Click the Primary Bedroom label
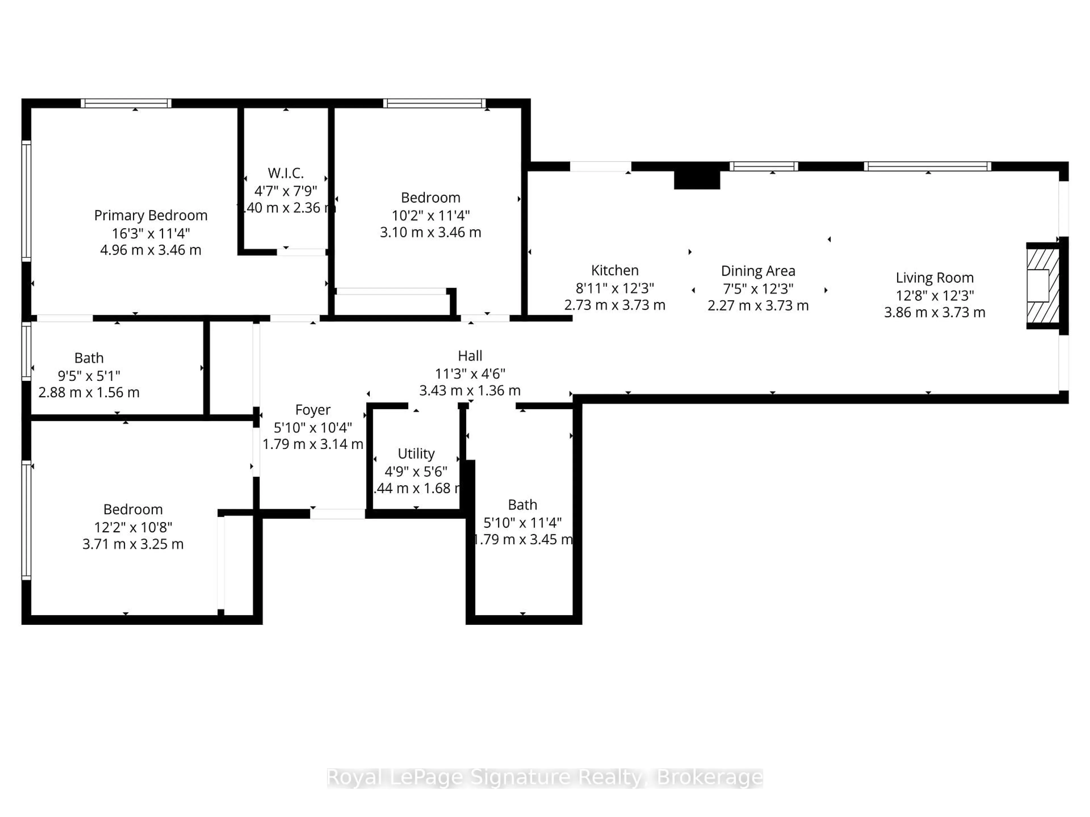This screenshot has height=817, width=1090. click(151, 216)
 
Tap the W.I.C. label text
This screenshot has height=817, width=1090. click(286, 173)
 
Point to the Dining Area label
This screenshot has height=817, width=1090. click(758, 271)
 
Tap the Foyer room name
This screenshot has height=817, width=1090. click(313, 410)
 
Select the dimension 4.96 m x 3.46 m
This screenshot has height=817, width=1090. click(151, 250)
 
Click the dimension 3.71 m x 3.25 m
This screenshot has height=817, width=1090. click(133, 544)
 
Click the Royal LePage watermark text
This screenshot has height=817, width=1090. click(544, 778)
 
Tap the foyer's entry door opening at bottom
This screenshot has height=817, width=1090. click(338, 514)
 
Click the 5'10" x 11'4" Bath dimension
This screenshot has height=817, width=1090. click(522, 523)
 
